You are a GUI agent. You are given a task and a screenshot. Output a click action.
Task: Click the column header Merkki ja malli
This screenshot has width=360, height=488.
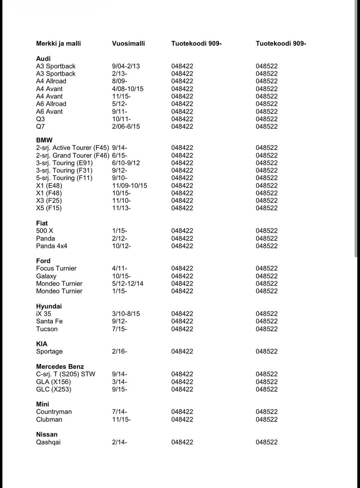pyautogui.click(x=58, y=43)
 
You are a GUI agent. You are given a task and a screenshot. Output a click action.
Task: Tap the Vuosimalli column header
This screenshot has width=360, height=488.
pyautogui.click(x=128, y=43)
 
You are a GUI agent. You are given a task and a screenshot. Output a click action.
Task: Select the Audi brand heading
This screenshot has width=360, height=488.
pyautogui.click(x=43, y=58)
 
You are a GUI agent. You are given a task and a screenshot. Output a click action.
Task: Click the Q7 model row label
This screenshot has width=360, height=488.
pyautogui.click(x=40, y=126)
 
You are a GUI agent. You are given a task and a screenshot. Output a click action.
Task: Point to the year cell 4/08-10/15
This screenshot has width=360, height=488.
pyautogui.click(x=127, y=89)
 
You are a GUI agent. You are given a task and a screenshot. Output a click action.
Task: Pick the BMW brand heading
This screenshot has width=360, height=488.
pyautogui.click(x=44, y=140)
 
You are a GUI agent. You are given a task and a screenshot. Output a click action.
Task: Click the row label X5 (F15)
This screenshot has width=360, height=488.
pyautogui.click(x=49, y=208)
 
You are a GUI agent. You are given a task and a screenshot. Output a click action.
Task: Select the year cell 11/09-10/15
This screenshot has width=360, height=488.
pyautogui.click(x=129, y=186)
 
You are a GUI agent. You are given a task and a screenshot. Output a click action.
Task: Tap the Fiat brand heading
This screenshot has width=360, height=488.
pyautogui.click(x=42, y=223)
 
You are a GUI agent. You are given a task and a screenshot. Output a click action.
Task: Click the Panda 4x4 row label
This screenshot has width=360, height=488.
pyautogui.click(x=51, y=246)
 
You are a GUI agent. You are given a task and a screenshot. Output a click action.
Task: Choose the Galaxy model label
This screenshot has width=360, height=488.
pyautogui.click(x=46, y=276)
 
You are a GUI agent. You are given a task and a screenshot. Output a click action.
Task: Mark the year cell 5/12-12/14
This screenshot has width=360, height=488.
pyautogui.click(x=127, y=283)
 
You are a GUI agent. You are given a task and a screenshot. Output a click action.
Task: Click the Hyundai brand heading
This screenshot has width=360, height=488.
pyautogui.click(x=49, y=306)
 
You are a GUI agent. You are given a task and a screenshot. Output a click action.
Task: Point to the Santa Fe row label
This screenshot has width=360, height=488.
pyautogui.click(x=49, y=321)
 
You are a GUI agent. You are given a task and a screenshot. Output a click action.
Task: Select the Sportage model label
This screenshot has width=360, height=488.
pyautogui.click(x=49, y=351)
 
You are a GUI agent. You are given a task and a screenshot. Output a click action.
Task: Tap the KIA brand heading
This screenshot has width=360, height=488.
pyautogui.click(x=42, y=344)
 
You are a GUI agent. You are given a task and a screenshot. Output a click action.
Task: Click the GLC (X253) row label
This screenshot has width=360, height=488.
pyautogui.click(x=54, y=389)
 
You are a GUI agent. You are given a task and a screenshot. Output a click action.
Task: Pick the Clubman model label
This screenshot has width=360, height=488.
pyautogui.click(x=49, y=419)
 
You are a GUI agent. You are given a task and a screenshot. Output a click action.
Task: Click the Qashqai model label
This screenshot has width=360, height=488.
pyautogui.click(x=48, y=442)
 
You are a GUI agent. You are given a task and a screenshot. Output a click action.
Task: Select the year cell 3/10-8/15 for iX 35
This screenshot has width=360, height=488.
pyautogui.click(x=126, y=314)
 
